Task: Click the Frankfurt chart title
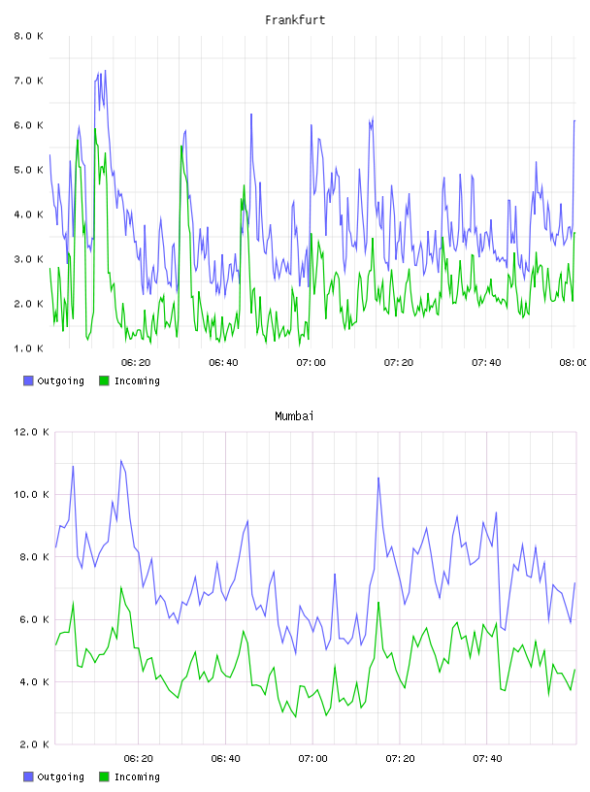(295, 20)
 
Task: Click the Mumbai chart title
(294, 416)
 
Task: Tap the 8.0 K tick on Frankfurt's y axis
(28, 36)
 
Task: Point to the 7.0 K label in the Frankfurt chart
(28, 81)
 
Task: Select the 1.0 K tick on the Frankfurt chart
(28, 348)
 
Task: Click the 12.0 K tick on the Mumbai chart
(31, 432)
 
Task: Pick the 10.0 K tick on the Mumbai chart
(31, 494)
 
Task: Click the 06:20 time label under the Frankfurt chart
(136, 363)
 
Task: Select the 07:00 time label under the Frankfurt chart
(311, 363)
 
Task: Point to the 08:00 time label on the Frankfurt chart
(573, 363)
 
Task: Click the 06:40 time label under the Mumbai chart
(225, 759)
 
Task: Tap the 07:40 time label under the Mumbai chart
(487, 759)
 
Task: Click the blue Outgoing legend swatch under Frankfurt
(28, 380)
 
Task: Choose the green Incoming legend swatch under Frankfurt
(104, 380)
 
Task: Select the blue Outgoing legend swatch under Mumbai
(28, 776)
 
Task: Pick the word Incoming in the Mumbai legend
(137, 777)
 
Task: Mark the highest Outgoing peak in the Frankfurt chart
(105, 71)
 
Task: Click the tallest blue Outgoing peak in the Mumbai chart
(120, 461)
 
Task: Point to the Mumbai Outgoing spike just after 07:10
(378, 478)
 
